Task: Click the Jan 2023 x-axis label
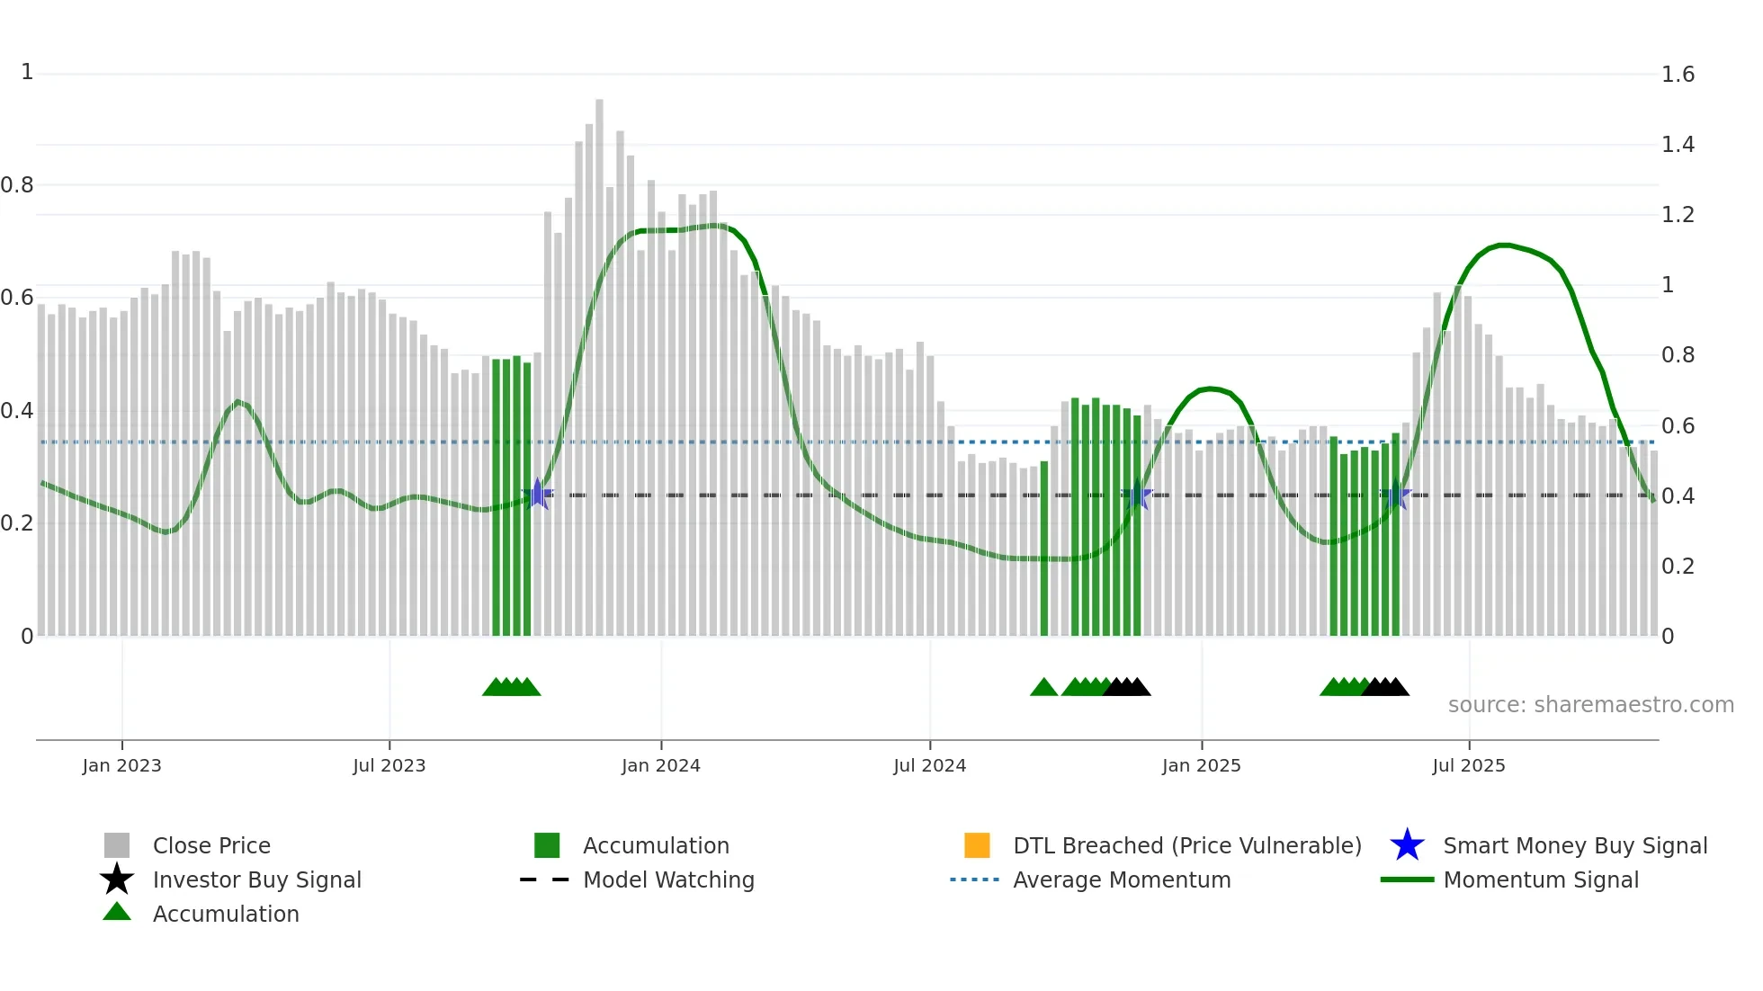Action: [121, 765]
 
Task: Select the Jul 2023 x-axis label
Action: [389, 765]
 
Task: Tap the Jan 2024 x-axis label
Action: [660, 765]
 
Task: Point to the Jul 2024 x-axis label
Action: [929, 765]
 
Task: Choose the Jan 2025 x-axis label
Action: [1201, 765]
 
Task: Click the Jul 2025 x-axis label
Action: [1468, 765]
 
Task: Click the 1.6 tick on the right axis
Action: [1678, 75]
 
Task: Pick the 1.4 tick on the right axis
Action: [1678, 145]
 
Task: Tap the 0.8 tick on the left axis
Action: [17, 185]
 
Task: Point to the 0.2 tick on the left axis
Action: [17, 523]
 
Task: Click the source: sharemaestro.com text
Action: [1590, 705]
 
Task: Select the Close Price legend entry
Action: [211, 845]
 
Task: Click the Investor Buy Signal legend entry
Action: [256, 879]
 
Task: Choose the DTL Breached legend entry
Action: [1186, 845]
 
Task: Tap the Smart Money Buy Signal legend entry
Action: [1574, 845]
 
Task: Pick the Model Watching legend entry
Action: [668, 879]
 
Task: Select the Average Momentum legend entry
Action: [1121, 879]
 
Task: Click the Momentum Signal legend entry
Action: [1540, 879]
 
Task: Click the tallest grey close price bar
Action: [599, 360]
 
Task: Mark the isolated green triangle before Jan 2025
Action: [1043, 688]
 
